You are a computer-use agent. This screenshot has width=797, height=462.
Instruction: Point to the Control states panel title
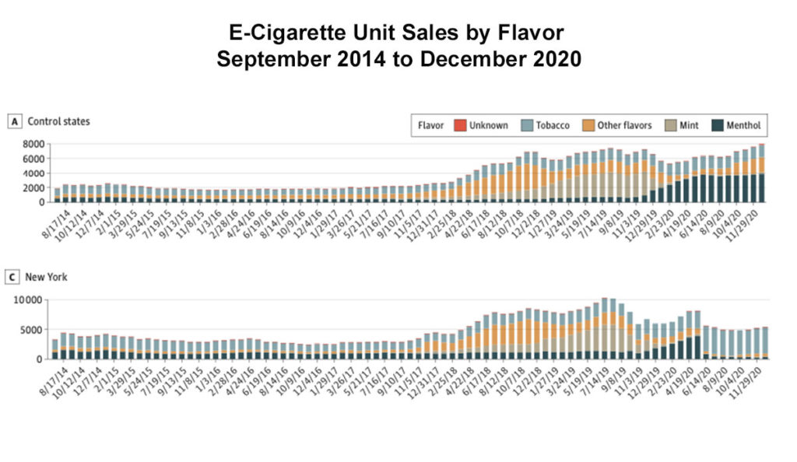coord(58,121)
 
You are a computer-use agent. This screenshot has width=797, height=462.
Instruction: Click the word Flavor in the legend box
coord(431,125)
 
